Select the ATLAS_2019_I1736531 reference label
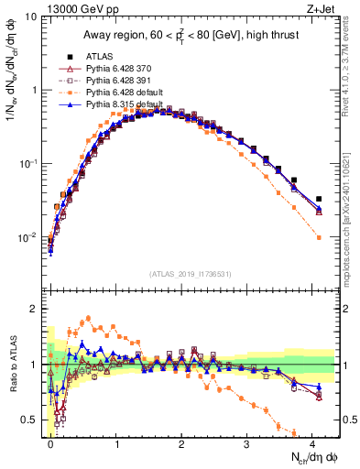pyautogui.click(x=191, y=274)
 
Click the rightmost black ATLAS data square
pyautogui.click(x=319, y=199)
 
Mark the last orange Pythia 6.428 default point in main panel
pyautogui.click(x=319, y=237)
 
